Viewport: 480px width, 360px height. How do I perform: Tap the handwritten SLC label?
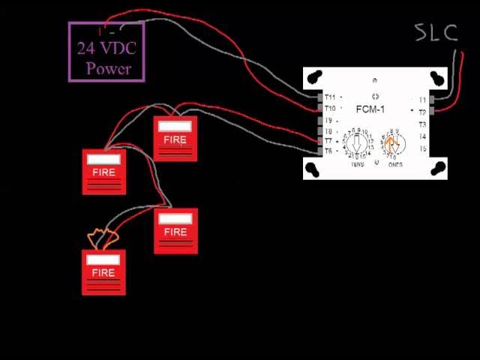click(436, 33)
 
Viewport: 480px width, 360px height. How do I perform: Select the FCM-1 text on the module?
click(370, 109)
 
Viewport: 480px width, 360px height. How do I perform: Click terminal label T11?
click(329, 97)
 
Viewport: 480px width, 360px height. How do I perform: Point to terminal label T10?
click(329, 109)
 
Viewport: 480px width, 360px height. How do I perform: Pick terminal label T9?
click(328, 120)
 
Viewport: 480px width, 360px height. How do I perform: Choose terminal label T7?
click(328, 141)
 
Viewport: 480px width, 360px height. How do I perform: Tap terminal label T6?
click(328, 151)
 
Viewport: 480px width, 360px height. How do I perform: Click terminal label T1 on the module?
click(422, 100)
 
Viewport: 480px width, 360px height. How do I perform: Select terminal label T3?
click(422, 124)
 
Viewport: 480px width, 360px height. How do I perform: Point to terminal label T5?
click(422, 148)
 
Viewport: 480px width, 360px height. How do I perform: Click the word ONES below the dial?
click(394, 164)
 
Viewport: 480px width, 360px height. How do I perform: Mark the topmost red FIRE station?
click(175, 139)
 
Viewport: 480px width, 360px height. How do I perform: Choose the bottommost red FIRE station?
click(103, 271)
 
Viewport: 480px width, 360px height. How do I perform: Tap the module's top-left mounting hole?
click(313, 76)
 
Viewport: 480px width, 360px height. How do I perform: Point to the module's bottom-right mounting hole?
click(436, 169)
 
